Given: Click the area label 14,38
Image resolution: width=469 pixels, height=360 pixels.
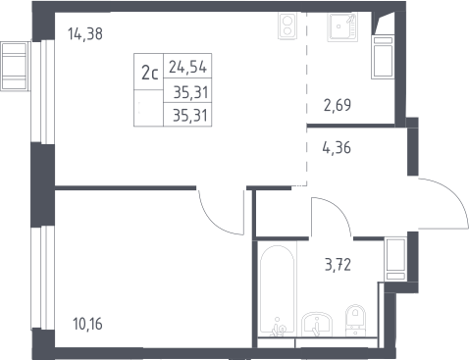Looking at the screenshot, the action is click(85, 33).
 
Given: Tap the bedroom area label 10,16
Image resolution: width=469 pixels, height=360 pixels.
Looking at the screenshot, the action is click(87, 324).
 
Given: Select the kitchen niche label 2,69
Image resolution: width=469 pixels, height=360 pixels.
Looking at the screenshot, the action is click(338, 105).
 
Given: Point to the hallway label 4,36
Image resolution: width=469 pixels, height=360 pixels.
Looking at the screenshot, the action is click(337, 147).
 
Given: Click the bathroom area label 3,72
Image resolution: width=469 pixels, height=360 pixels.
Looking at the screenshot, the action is click(338, 265).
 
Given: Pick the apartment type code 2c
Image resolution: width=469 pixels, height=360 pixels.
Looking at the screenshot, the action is click(149, 73).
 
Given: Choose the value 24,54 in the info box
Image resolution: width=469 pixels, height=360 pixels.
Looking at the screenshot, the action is click(187, 67).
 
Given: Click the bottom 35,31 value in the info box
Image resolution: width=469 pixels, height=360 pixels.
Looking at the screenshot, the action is click(190, 116).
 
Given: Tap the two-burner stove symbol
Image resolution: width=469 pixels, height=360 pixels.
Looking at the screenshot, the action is click(287, 26).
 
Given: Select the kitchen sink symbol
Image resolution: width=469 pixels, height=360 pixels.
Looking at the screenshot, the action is click(342, 26).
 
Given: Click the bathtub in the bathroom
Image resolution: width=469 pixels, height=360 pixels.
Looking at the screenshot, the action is click(278, 290).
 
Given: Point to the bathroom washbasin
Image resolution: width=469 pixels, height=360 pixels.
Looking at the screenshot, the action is click(317, 324).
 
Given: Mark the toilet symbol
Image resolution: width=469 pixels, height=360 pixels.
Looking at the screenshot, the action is click(355, 320).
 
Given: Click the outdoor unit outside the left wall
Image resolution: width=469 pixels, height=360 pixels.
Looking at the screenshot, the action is click(15, 67).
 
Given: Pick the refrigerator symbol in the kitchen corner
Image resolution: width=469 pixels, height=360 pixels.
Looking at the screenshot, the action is click(382, 56).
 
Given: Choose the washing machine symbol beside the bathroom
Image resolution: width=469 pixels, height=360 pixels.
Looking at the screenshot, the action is click(395, 259).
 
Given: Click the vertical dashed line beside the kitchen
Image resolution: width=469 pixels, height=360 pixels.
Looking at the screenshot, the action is click(307, 98).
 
